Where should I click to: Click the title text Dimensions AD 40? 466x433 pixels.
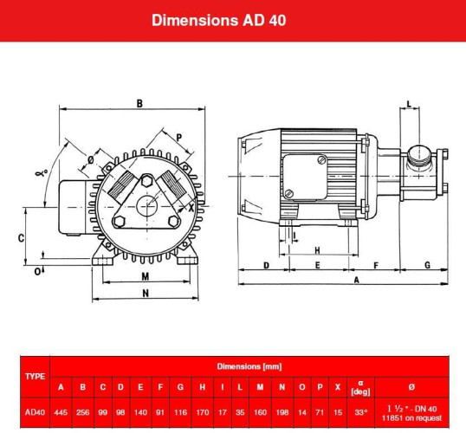(232, 19)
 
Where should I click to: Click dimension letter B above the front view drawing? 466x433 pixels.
(139, 104)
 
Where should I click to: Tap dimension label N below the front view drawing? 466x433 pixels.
(146, 294)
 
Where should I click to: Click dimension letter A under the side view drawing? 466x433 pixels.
(356, 281)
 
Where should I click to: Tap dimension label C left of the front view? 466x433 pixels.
(20, 237)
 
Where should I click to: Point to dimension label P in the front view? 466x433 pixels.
(179, 137)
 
